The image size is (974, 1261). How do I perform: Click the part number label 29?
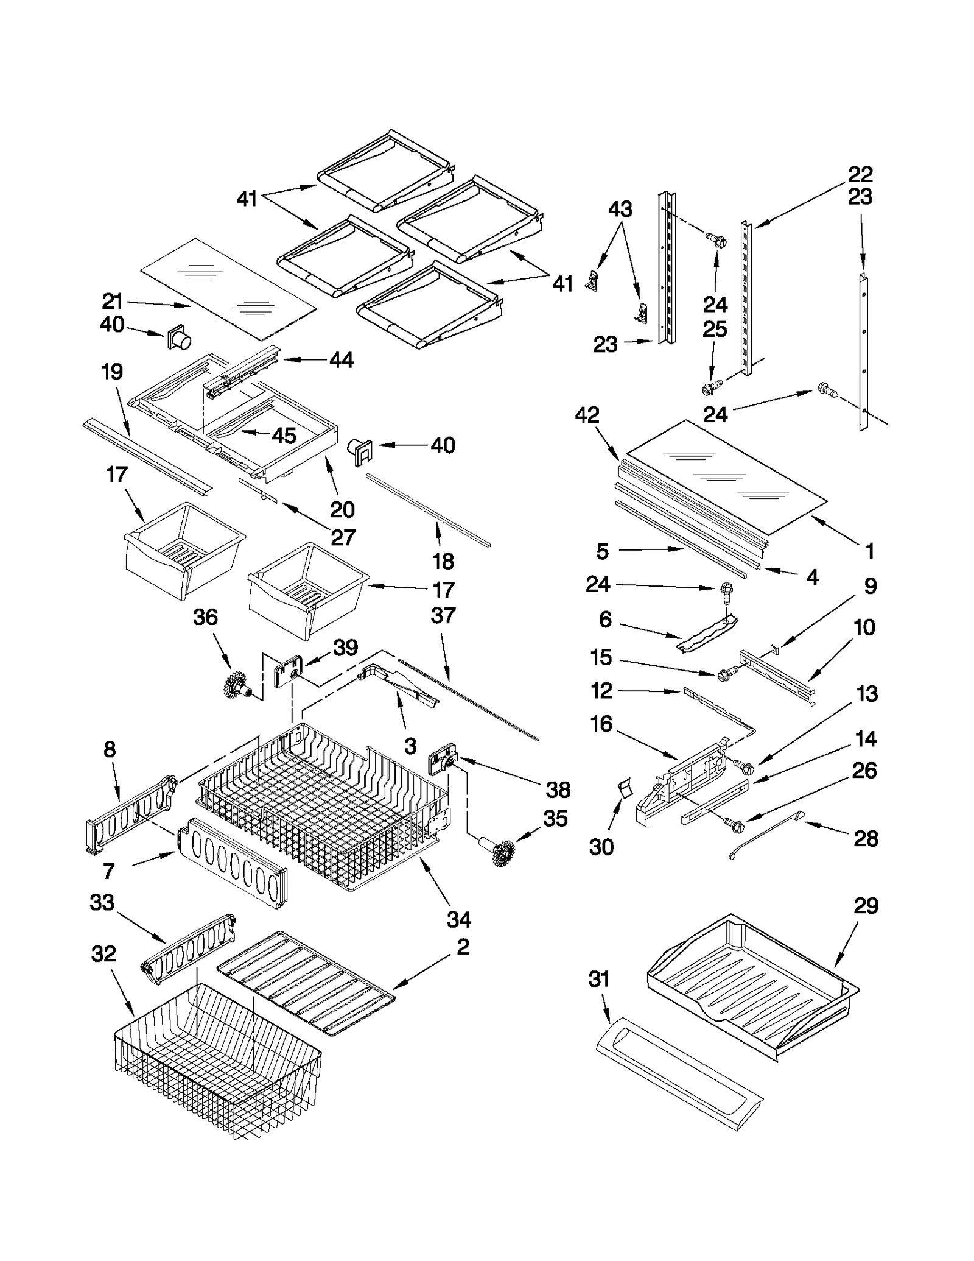click(x=866, y=905)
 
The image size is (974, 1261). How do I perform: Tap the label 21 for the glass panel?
click(x=112, y=301)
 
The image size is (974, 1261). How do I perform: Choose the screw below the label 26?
click(x=732, y=825)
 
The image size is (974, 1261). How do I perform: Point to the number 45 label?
click(x=284, y=436)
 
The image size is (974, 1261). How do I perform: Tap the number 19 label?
click(x=112, y=371)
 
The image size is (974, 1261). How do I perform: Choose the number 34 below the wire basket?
click(x=458, y=919)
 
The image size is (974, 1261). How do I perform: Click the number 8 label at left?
click(x=110, y=749)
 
